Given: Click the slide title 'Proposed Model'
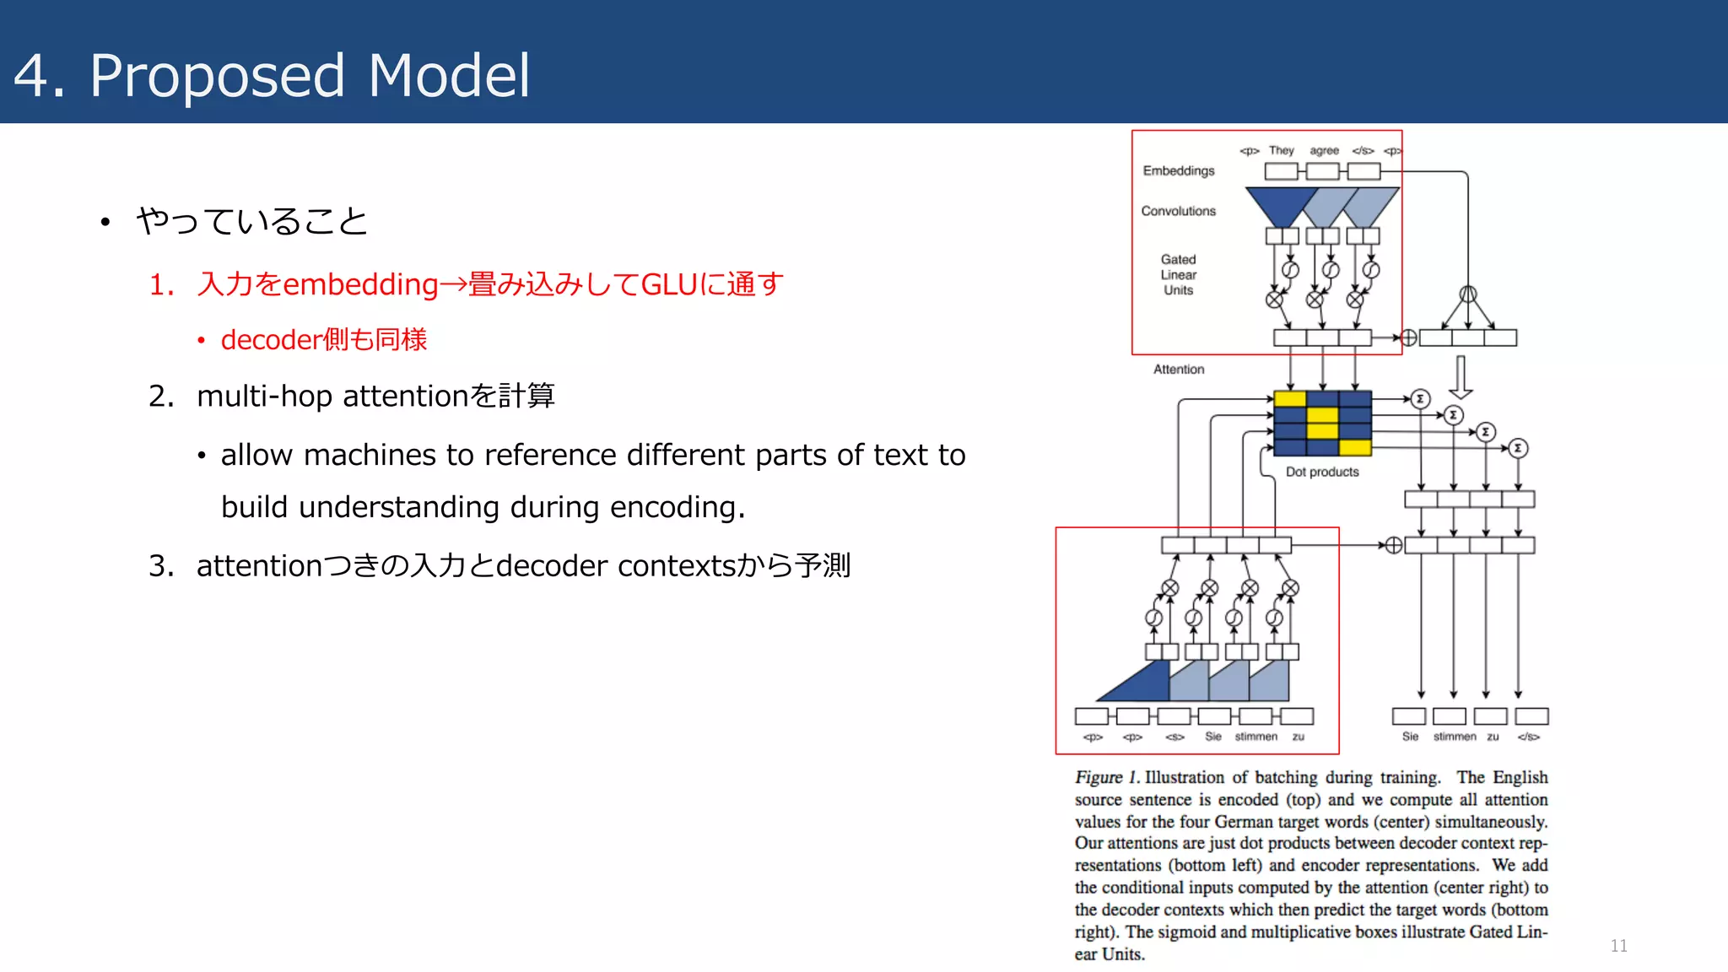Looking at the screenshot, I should [x=310, y=76].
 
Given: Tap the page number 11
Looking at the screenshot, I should [x=1618, y=946].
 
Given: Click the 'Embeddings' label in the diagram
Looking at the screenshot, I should [x=1179, y=170].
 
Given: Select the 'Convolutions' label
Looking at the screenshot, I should [x=1178, y=211].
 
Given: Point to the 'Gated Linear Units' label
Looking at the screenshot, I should [x=1178, y=274].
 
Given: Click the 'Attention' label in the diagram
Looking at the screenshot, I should [x=1179, y=370].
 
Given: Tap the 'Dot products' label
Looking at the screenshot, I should [x=1322, y=472].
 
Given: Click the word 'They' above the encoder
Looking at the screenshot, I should [x=1281, y=150].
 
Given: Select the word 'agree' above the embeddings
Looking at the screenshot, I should [x=1324, y=150].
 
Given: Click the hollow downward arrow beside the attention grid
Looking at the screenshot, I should [x=1461, y=377].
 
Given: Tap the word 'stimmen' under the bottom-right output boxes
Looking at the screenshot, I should [x=1455, y=737].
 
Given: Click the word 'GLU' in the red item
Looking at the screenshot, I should [x=669, y=284].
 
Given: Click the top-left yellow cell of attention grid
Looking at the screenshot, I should [x=1289, y=398].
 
